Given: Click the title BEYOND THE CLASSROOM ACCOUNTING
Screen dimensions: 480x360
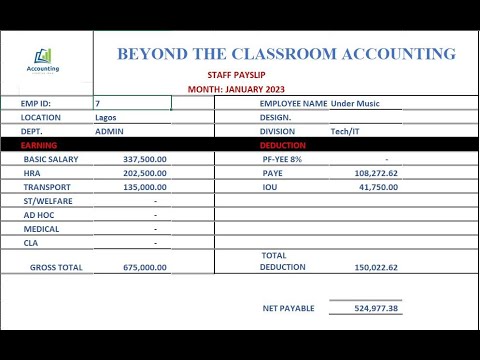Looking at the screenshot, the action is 286,54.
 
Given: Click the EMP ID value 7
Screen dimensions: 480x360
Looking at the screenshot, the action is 98,103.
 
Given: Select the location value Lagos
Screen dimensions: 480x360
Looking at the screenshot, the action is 105,117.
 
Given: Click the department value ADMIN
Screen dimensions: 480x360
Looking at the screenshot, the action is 108,131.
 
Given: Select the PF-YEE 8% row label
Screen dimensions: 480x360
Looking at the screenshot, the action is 282,159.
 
